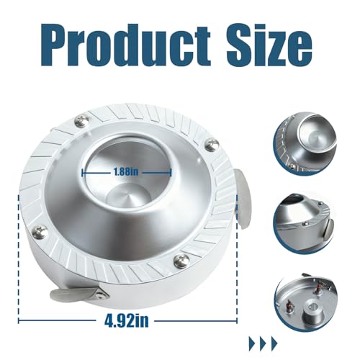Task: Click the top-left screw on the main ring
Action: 81,121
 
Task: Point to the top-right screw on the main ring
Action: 212,145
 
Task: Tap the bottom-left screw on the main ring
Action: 38,231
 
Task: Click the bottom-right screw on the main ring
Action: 180,261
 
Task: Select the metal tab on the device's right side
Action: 243,199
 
